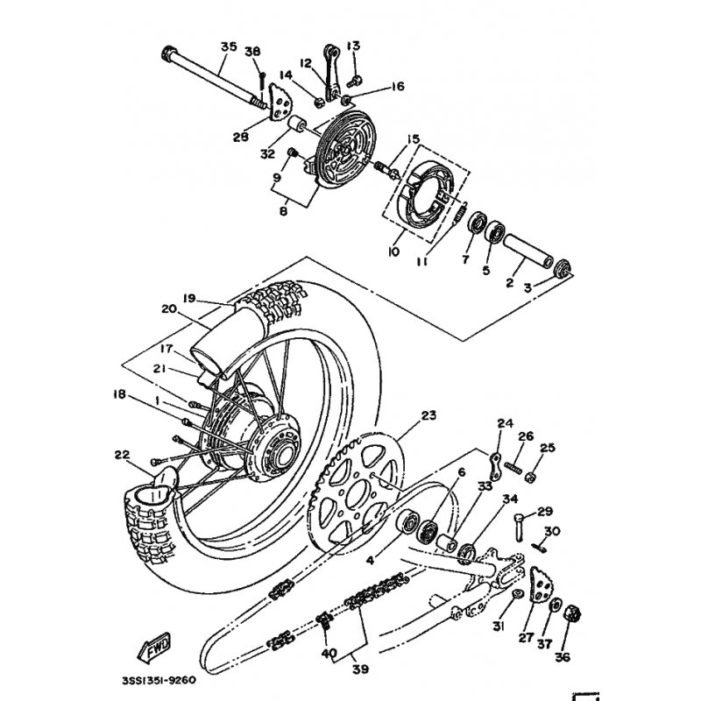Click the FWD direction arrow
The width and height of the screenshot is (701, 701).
click(x=153, y=647)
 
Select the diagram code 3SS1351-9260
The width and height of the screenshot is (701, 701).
click(x=159, y=680)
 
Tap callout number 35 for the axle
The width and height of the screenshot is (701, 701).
click(x=229, y=46)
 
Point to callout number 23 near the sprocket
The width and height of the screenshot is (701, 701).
click(x=428, y=414)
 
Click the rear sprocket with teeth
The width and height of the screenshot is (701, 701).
click(x=357, y=491)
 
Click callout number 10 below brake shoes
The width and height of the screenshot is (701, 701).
click(x=393, y=251)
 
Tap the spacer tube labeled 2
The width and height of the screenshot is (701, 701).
click(x=528, y=252)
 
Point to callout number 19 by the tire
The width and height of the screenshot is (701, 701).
click(x=189, y=298)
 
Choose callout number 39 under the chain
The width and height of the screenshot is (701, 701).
click(x=360, y=669)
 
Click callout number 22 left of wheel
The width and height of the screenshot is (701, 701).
click(x=122, y=455)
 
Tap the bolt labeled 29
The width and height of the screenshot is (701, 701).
click(x=520, y=528)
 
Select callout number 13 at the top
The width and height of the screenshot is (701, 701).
click(x=353, y=46)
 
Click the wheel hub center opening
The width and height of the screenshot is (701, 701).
click(x=283, y=457)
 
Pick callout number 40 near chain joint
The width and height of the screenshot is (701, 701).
click(x=329, y=654)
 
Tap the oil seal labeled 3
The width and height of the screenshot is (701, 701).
click(x=563, y=268)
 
